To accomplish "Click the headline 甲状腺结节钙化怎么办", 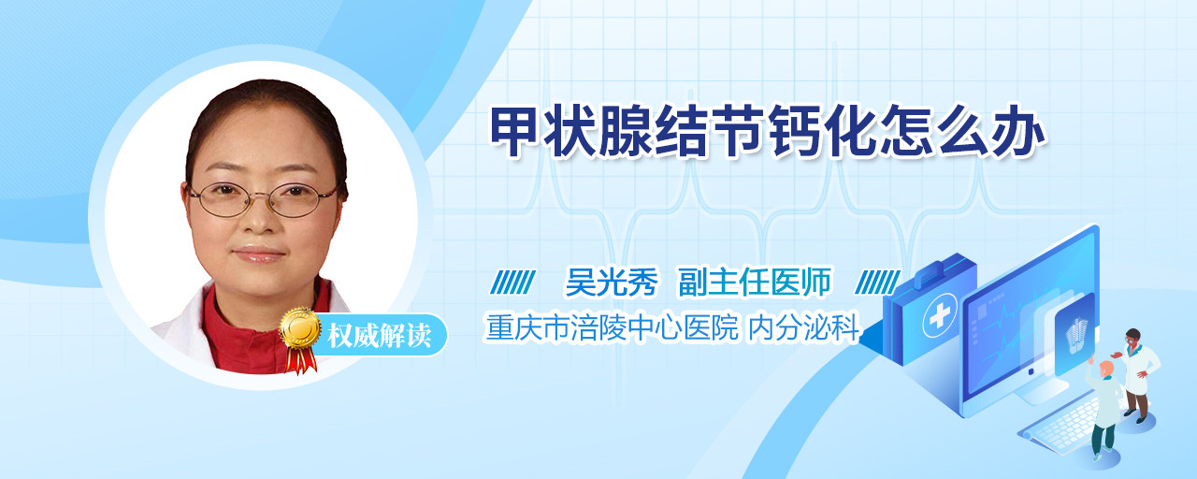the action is tap(768, 131).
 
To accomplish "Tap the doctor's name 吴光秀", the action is tap(612, 282).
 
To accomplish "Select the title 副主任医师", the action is tap(754, 282).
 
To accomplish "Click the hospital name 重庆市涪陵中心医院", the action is tap(612, 327).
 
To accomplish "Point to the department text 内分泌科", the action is tap(802, 327).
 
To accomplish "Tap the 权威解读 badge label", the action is tap(379, 336).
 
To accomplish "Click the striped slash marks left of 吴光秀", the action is tap(512, 282).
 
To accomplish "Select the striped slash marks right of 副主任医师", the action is tap(877, 282).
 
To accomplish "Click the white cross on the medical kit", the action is tap(939, 315).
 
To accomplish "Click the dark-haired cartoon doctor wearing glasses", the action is tap(1138, 374).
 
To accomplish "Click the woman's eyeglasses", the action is tap(263, 199).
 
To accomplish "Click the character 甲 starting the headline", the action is tap(515, 131).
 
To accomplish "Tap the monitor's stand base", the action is tap(1042, 393).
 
